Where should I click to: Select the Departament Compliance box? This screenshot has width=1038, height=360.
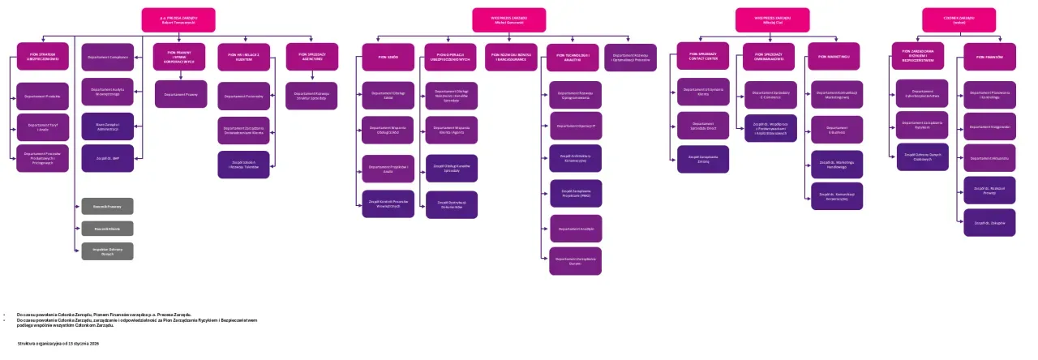click(x=108, y=58)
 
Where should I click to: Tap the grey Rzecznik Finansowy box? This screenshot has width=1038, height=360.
click(x=107, y=206)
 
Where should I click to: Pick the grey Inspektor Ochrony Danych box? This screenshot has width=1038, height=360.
click(x=107, y=251)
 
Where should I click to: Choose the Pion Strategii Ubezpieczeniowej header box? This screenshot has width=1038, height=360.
click(x=43, y=58)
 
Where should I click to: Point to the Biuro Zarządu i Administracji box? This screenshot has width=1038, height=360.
click(x=108, y=126)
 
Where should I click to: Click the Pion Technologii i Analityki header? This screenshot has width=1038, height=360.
click(x=573, y=58)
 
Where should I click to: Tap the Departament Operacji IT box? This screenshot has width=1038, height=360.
click(x=576, y=126)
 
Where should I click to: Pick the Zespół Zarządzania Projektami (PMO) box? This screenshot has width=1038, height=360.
click(x=576, y=193)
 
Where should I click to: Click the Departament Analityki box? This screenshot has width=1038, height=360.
click(x=576, y=229)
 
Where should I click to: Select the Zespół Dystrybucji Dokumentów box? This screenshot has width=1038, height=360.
click(x=452, y=205)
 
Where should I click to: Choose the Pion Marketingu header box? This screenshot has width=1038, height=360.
click(x=834, y=57)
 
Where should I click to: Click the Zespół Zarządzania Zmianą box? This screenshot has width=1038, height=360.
click(x=704, y=159)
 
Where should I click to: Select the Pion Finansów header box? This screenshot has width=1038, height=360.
click(x=989, y=57)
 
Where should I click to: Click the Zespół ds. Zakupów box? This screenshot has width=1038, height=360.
click(x=989, y=222)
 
